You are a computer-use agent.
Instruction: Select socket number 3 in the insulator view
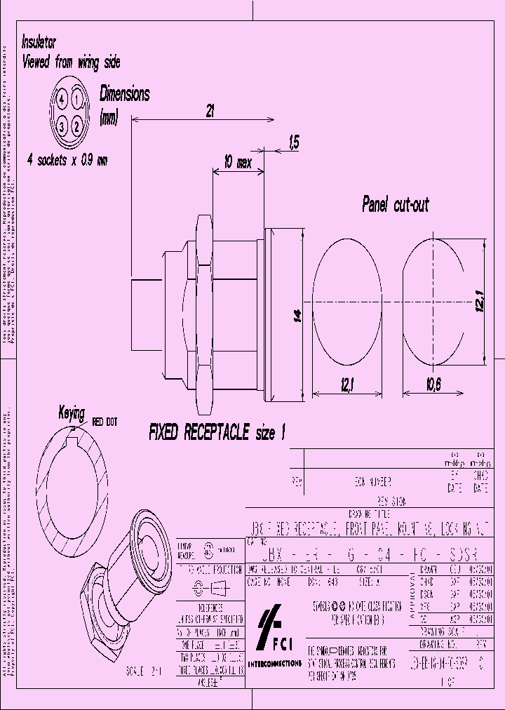click(x=62, y=126)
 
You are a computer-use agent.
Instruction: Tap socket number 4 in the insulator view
click(x=62, y=100)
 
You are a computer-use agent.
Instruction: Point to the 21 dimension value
click(x=209, y=110)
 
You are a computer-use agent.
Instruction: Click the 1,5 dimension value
click(x=293, y=143)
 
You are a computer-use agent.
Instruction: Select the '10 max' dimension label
click(x=238, y=163)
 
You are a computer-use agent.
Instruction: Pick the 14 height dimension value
click(x=297, y=316)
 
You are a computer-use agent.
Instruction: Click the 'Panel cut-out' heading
click(x=395, y=205)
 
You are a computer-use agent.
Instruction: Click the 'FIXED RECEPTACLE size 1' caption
click(x=217, y=433)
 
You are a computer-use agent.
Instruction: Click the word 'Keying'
click(x=72, y=413)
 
